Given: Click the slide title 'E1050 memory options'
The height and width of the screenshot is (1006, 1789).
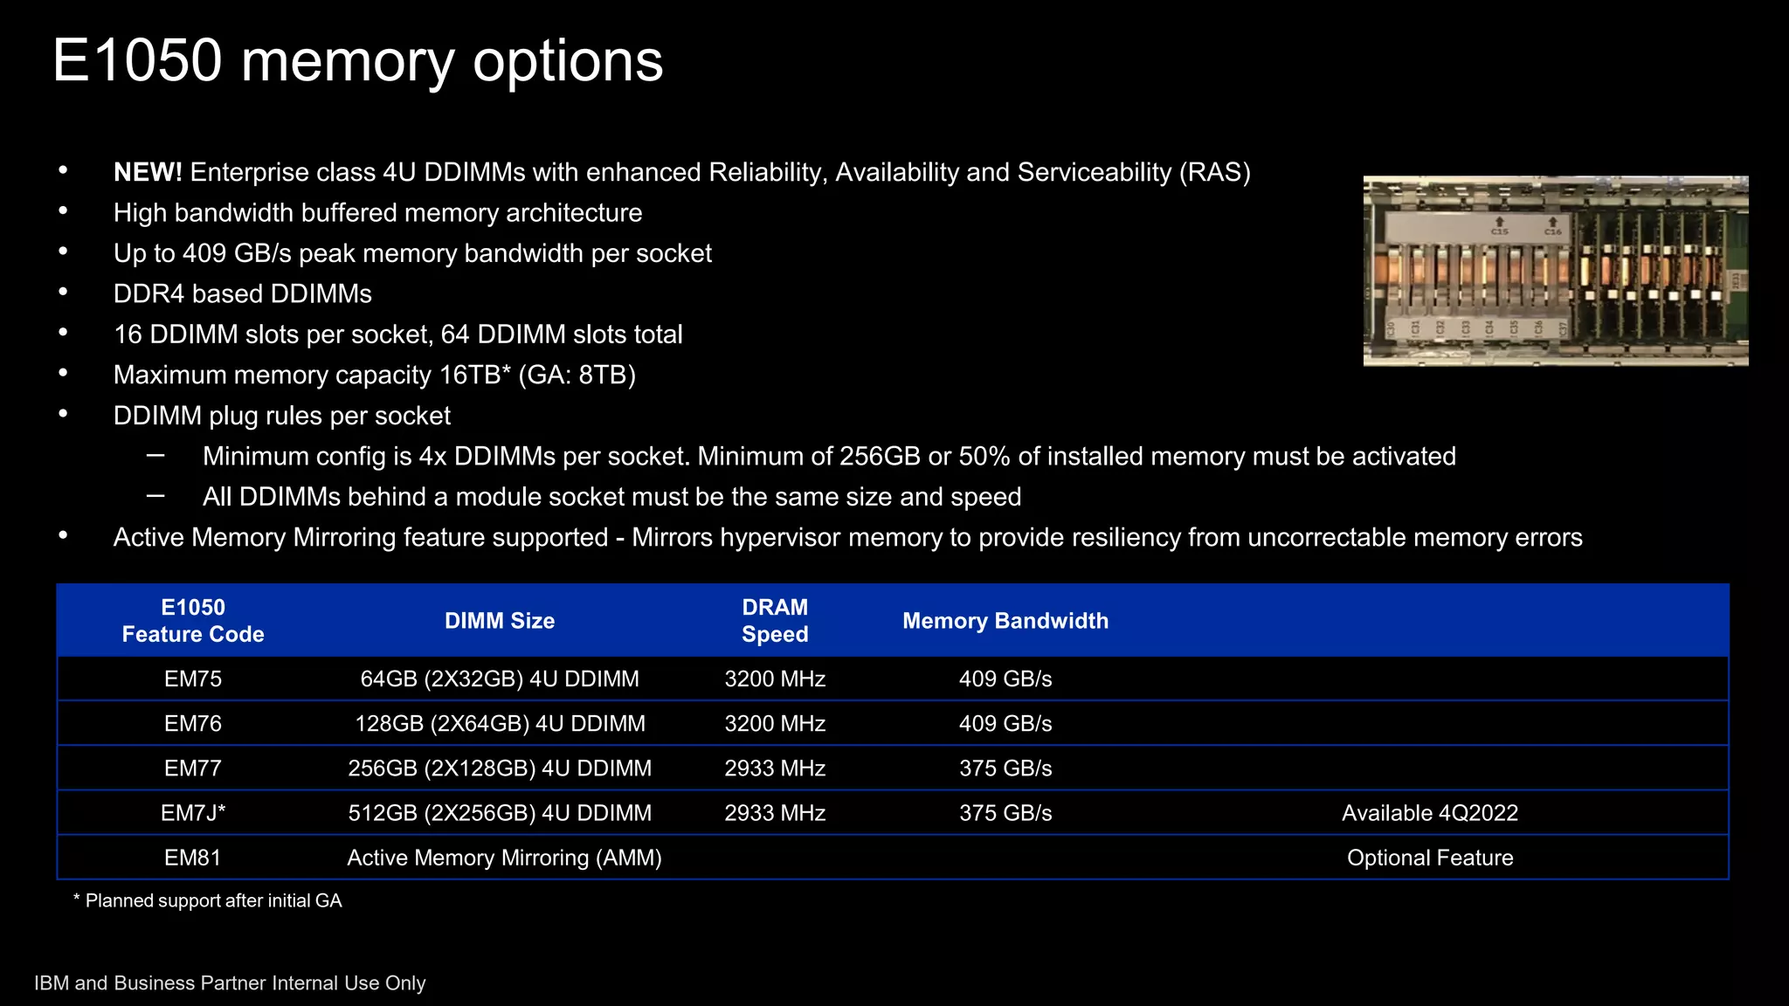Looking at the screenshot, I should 357,61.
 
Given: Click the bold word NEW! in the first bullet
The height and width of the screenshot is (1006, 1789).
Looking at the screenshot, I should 148,172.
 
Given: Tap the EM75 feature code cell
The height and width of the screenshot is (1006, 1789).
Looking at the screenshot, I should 193,679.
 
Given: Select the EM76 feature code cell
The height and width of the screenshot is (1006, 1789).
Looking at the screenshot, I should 193,723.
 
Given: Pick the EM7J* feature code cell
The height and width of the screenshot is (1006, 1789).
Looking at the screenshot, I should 193,813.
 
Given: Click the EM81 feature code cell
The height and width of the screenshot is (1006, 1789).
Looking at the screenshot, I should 193,858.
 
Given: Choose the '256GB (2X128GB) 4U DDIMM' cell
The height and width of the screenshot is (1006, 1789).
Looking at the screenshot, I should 500,768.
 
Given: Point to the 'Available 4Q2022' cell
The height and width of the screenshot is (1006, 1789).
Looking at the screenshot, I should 1429,813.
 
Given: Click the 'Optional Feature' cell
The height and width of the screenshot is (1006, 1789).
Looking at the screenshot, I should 1429,858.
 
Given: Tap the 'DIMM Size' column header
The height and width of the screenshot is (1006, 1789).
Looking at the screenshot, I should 500,621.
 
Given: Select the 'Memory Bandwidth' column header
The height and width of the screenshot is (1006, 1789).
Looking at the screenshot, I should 1005,621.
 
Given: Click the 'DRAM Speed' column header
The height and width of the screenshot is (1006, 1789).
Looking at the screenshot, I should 775,621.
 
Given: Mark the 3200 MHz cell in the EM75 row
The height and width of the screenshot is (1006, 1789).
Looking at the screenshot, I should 775,679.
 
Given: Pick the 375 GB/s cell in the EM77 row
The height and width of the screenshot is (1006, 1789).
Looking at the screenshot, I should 1005,768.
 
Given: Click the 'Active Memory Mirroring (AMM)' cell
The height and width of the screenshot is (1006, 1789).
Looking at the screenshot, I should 504,858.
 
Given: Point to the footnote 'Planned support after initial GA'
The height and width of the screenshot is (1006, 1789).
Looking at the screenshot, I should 213,900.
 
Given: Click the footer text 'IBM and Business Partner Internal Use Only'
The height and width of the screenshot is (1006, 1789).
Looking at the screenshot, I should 230,983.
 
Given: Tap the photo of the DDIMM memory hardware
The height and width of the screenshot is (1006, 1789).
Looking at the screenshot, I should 1555,271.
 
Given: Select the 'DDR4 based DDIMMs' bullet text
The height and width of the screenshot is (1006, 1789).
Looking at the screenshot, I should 243,293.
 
